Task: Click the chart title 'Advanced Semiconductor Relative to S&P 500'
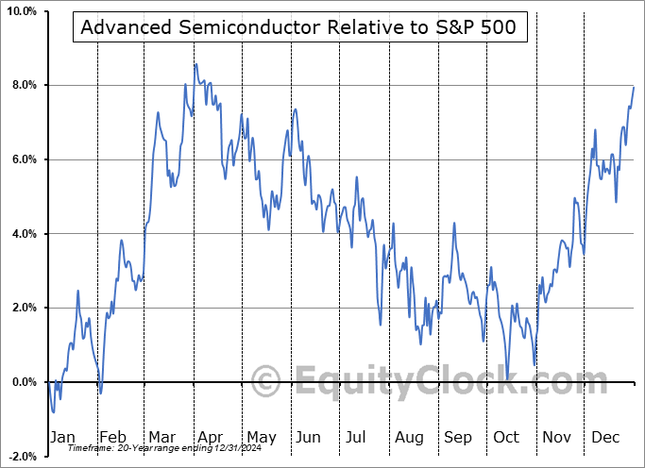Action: [298, 27]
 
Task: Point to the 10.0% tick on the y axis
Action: [21, 11]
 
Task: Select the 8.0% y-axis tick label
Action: [24, 86]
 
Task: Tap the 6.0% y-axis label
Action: [24, 159]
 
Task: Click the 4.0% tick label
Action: [24, 234]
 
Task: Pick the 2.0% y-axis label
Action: [24, 308]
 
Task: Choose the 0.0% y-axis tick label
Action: [24, 382]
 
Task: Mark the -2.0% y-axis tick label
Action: [22, 456]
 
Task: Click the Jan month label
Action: [61, 437]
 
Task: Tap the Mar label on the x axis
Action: [162, 437]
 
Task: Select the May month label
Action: [261, 437]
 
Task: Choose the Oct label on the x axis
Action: [507, 437]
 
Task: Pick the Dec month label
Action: [605, 437]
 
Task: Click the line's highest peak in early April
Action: [195, 63]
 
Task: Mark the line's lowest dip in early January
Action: [54, 412]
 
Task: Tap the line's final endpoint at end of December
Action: [634, 87]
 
